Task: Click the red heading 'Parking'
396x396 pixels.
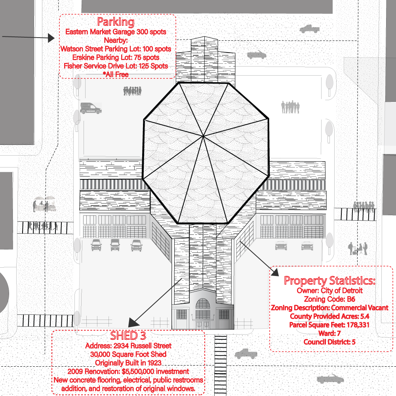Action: tap(116, 22)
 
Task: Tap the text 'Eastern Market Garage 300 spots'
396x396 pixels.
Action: tap(116, 32)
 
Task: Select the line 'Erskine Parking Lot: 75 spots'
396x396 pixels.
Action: tap(116, 57)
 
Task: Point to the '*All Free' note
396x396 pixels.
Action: tap(116, 74)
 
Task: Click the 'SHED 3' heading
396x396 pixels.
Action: tap(128, 336)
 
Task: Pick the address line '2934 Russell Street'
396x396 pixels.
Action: tap(143, 345)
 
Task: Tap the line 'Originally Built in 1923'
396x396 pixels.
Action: tap(128, 363)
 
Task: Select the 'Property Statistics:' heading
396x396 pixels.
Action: tap(329, 281)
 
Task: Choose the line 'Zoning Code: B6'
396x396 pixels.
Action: tap(329, 299)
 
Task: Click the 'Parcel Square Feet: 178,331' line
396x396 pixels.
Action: tap(329, 325)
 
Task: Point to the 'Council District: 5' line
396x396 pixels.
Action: tap(329, 342)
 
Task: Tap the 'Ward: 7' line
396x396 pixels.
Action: tap(329, 333)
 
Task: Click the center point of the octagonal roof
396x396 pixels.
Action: tap(203, 136)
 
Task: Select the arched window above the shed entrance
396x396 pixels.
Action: tap(203, 304)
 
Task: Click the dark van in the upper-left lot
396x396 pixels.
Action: tap(91, 109)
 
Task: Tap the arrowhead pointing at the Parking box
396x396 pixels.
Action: tap(51, 38)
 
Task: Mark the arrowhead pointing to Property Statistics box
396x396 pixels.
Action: tap(275, 272)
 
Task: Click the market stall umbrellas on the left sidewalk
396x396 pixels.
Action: tap(44, 198)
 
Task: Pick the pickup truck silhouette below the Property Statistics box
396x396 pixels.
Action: tap(246, 354)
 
